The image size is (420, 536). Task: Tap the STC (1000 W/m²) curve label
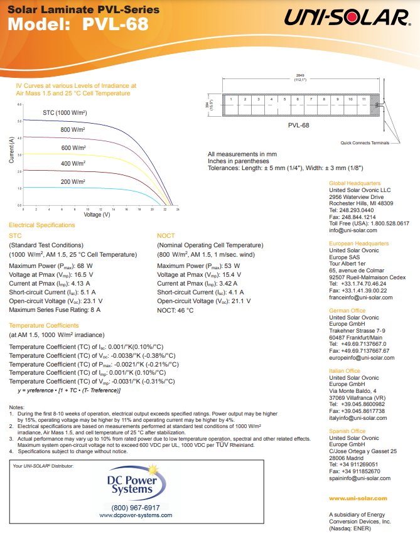[x=65, y=112]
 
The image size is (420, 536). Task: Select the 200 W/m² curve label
[x=73, y=181]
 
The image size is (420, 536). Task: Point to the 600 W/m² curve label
[x=73, y=147]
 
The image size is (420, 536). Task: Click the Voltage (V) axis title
[x=97, y=215]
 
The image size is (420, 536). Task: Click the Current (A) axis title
[x=11, y=151]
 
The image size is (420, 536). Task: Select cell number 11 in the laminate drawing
[x=364, y=100]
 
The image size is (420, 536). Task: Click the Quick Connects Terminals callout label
[x=365, y=142]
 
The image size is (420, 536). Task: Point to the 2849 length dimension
[x=299, y=75]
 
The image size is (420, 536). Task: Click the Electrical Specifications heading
[x=41, y=225]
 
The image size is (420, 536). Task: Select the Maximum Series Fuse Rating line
[x=55, y=309]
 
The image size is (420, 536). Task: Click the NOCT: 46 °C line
[x=175, y=309]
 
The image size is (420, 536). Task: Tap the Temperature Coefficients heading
[x=44, y=326]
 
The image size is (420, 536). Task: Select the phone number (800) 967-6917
[x=136, y=507]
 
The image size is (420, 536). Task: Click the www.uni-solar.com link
[x=358, y=498]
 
